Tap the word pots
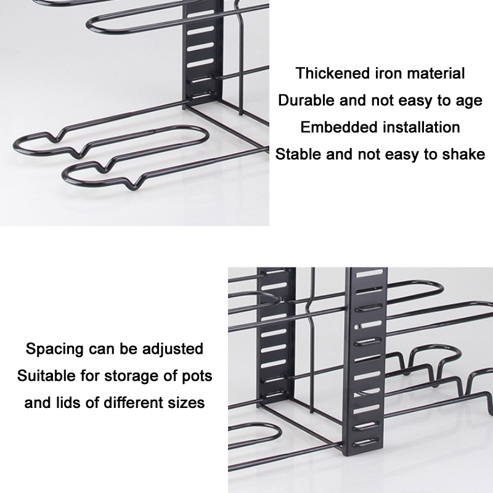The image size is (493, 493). click(197, 377)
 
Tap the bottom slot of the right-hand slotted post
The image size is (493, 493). click(367, 442)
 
